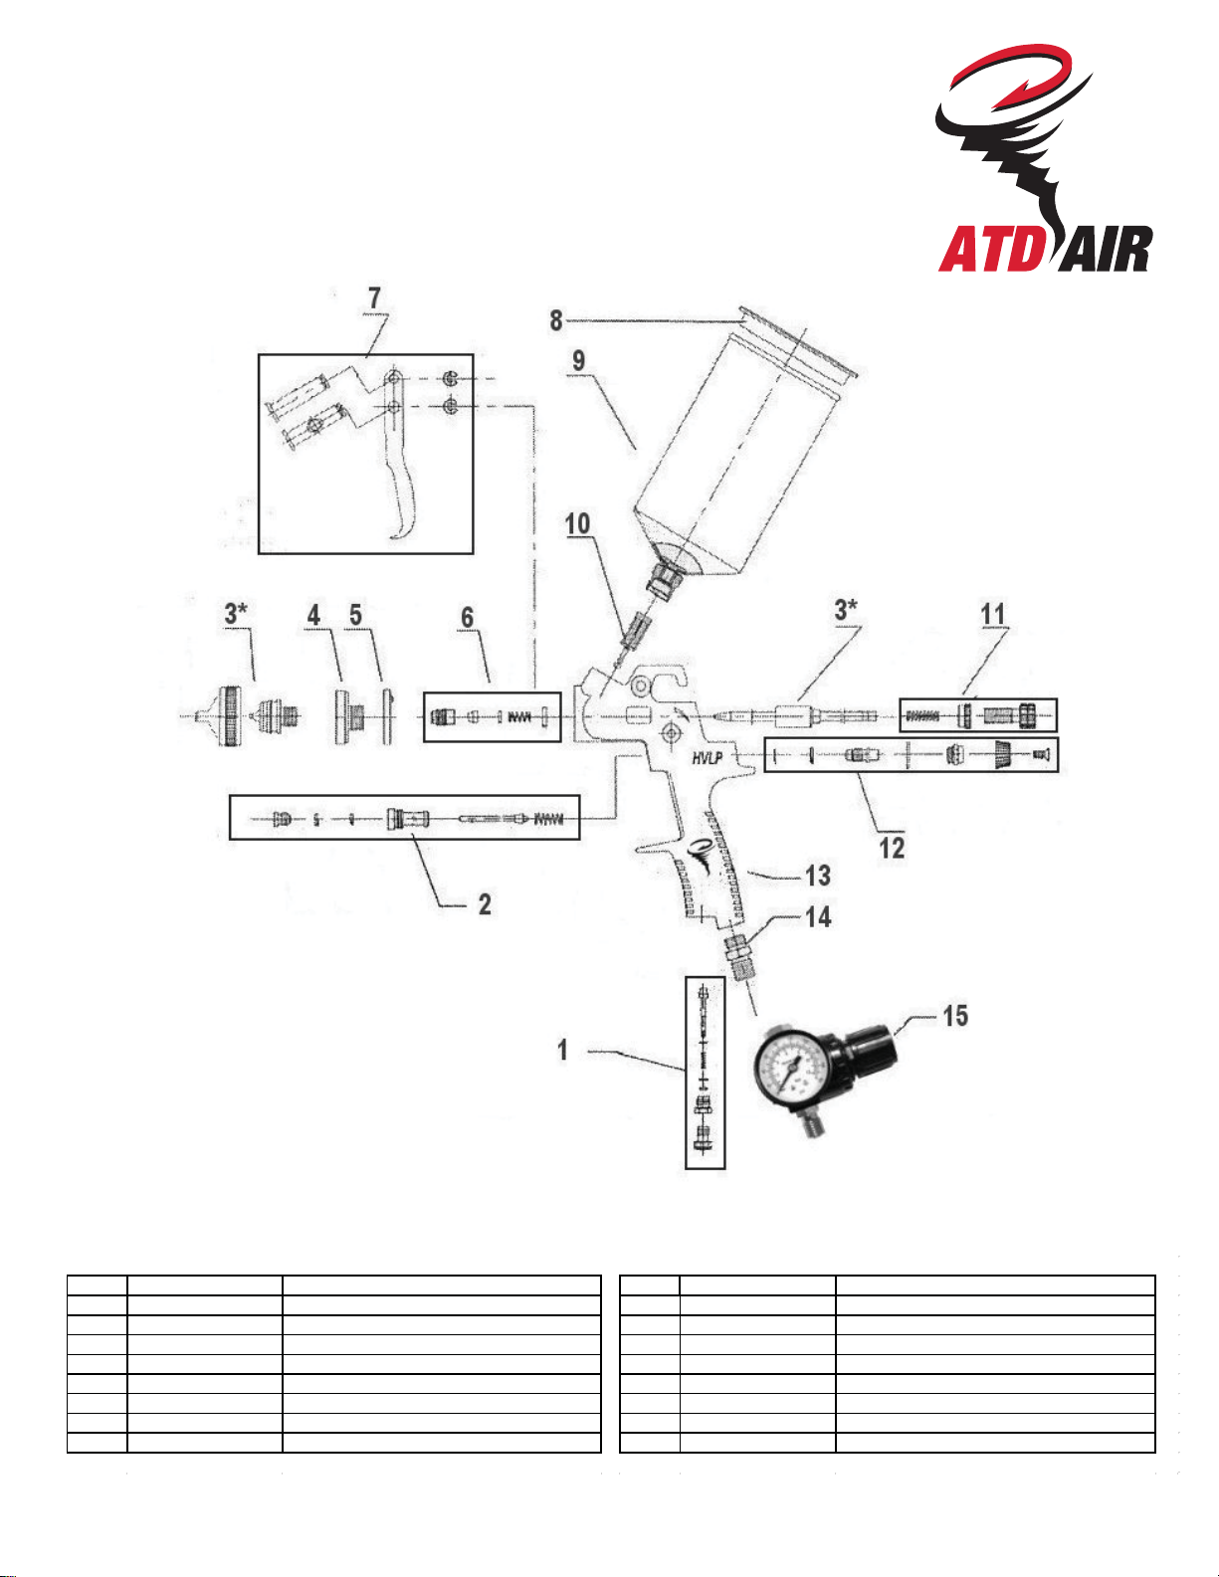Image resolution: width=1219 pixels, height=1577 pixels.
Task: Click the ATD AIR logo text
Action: tap(1045, 249)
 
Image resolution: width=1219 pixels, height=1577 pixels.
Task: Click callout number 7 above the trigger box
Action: tap(374, 297)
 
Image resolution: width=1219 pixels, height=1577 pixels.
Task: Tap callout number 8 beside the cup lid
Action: tap(556, 320)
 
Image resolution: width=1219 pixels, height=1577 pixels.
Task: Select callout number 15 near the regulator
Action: tap(955, 1016)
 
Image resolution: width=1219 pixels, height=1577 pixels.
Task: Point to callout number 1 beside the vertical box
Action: tap(562, 1050)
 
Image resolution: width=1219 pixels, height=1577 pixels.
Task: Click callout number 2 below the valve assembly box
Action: tap(485, 904)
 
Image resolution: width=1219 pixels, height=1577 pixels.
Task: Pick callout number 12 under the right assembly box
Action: tap(892, 848)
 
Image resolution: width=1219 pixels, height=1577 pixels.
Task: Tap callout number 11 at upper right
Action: tap(993, 614)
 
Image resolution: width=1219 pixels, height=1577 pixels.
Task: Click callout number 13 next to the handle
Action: tap(818, 876)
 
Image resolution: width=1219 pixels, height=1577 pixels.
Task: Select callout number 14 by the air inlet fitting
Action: tap(818, 917)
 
